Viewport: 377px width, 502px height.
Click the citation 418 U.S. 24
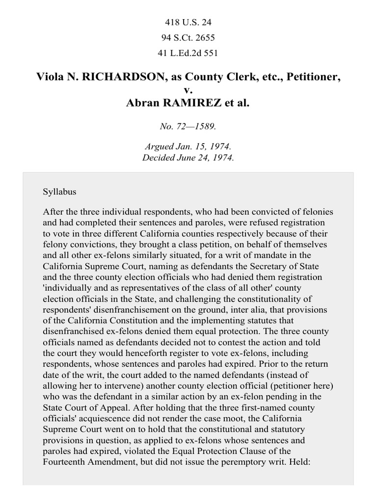click(188, 22)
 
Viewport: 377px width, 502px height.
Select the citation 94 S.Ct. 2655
click(188, 38)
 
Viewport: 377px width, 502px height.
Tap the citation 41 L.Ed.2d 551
click(188, 53)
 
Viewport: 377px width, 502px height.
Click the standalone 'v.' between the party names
click(188, 90)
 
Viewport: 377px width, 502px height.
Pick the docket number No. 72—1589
click(188, 126)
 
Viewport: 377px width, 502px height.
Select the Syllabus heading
click(59, 192)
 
